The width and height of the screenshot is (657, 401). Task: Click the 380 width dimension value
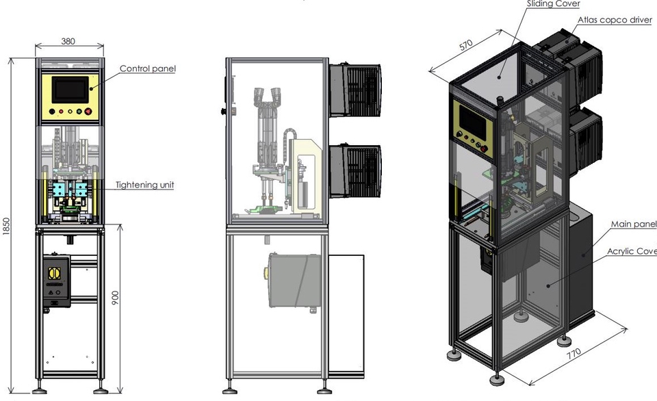pos(68,41)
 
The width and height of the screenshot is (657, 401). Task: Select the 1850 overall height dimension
pos(6,226)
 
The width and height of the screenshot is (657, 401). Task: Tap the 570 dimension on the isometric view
pos(465,46)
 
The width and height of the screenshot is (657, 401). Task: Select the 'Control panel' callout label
pos(147,68)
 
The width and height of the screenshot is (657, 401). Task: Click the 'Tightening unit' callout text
pos(144,185)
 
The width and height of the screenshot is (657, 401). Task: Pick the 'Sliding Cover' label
pos(553,4)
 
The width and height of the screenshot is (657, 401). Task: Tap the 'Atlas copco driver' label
pos(615,20)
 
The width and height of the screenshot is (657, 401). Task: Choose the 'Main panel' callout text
pos(633,224)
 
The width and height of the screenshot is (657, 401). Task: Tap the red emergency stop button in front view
pos(87,112)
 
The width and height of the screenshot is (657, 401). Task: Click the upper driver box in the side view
pos(355,89)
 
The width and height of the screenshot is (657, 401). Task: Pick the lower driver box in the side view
pos(355,170)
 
